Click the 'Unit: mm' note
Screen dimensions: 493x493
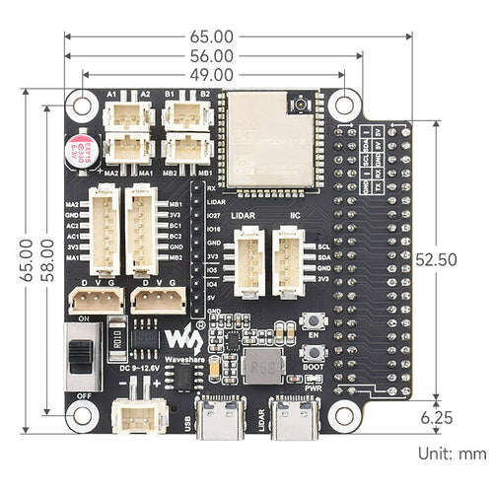click(x=451, y=454)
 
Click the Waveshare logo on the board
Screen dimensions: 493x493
click(x=185, y=342)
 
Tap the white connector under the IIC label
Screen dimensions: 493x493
click(x=288, y=262)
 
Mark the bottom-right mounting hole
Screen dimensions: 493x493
click(x=344, y=415)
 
